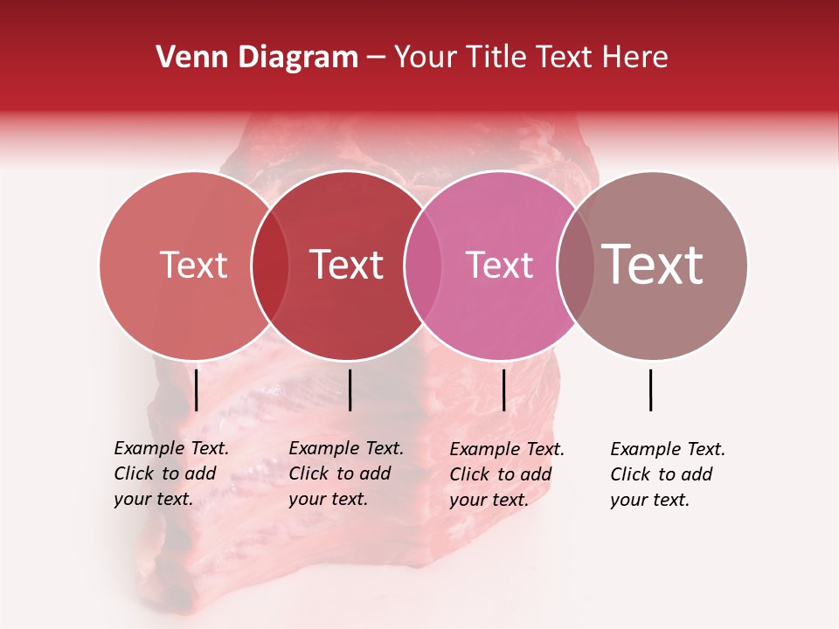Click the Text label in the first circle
click(193, 266)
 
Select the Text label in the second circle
click(346, 266)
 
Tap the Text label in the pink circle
click(499, 266)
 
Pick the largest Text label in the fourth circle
click(652, 265)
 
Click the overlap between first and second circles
click(270, 266)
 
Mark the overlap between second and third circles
click(423, 266)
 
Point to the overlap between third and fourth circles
click(576, 266)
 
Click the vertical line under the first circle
click(197, 390)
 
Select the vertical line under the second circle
click(350, 390)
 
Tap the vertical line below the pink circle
click(503, 390)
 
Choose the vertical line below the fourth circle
click(651, 390)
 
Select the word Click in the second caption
click(308, 473)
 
